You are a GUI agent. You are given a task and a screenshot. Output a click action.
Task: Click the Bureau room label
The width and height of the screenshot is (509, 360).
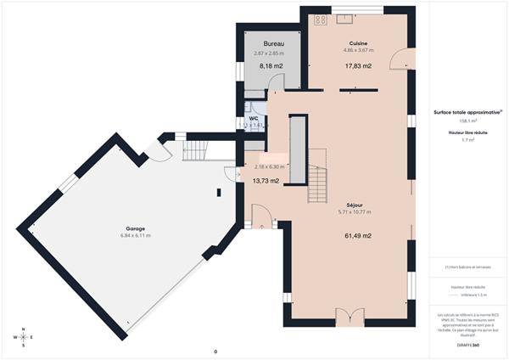273,43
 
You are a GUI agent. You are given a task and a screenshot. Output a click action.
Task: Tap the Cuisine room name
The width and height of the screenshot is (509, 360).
358,43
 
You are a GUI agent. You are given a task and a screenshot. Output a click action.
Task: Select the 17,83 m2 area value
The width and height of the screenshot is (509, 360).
358,65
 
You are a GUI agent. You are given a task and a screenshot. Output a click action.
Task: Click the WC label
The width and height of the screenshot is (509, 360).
253,118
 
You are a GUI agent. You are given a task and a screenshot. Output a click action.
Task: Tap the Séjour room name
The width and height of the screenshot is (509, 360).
357,205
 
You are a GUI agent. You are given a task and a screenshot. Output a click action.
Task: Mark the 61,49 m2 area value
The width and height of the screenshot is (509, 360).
357,235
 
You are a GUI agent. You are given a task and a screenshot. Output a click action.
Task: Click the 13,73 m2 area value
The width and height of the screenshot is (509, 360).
266,180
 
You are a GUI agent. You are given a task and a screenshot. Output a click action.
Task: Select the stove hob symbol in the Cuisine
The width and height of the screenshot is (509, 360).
321,19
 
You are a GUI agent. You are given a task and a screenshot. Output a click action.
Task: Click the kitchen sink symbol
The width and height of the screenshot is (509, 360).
348,18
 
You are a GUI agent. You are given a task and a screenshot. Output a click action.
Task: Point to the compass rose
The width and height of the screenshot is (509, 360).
25,337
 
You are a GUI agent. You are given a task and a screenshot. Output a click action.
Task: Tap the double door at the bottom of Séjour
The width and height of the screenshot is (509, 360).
349,317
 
